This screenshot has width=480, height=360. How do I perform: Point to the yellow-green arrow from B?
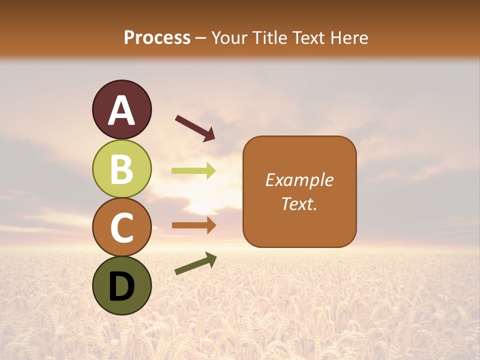tap(193, 171)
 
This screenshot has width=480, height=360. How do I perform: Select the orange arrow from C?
tap(193, 225)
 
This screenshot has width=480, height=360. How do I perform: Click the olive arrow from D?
tap(195, 263)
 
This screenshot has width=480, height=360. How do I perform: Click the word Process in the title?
tap(157, 38)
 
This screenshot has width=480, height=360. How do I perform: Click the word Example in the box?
tap(299, 180)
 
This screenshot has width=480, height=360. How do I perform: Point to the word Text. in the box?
tap(299, 204)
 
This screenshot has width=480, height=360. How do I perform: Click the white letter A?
tap(122, 111)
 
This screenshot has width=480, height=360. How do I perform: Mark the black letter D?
tap(122, 286)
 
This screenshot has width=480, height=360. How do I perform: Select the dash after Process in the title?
tap(201, 38)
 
